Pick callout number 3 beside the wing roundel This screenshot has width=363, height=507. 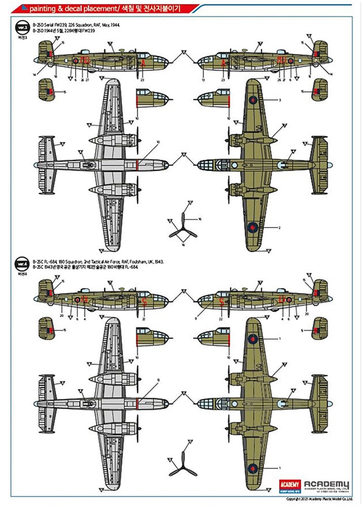[279, 100]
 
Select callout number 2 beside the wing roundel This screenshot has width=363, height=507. [279, 228]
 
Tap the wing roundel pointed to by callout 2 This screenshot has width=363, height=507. [252, 228]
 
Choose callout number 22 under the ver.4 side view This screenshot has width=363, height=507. [220, 319]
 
